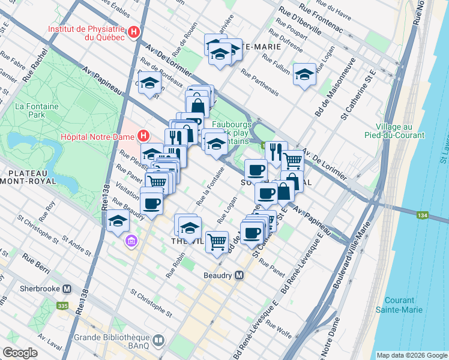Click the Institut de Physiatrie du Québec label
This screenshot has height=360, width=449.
86,32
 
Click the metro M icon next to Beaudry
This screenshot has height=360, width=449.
240,275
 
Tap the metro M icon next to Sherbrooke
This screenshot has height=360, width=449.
67,288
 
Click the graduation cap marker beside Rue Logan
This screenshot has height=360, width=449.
304,74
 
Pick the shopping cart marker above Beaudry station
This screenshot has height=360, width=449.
217,242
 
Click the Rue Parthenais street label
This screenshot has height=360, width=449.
260,82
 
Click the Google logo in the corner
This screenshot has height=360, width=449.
20,353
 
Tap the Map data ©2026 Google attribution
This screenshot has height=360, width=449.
411,355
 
